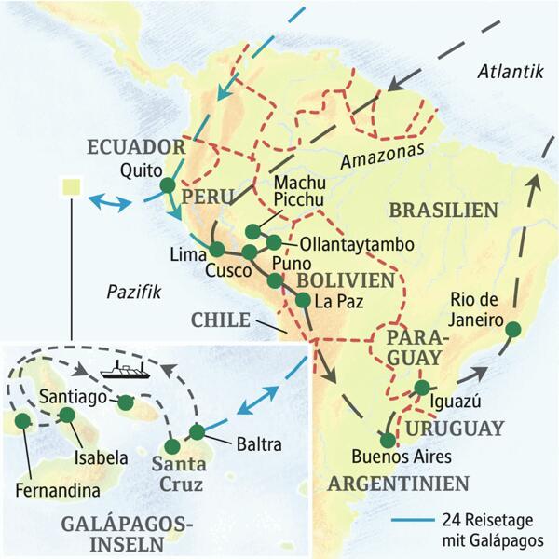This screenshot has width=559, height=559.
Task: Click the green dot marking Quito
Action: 168,185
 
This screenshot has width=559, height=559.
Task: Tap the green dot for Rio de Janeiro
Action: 511,326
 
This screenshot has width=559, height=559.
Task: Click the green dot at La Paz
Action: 303,300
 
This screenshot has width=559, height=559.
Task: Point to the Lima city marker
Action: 216,250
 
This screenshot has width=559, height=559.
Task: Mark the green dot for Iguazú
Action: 422,388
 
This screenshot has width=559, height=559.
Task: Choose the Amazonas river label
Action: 382,149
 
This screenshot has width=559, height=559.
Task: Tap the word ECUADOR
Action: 138,147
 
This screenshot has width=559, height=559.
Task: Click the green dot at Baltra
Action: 197,432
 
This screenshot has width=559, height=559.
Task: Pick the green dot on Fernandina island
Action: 20,421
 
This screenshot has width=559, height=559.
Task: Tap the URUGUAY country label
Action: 453,429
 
